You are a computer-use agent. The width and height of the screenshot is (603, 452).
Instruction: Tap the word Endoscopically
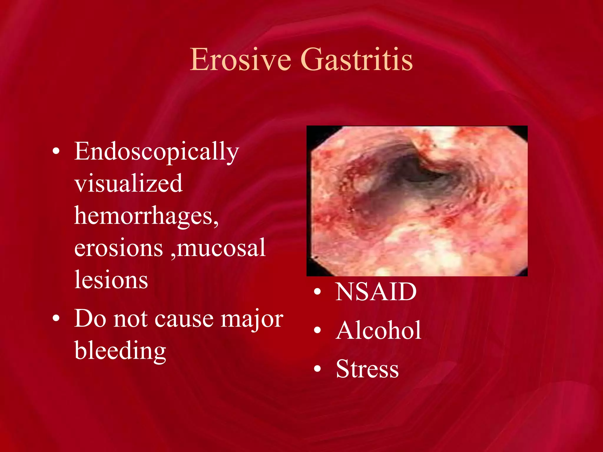tap(156, 152)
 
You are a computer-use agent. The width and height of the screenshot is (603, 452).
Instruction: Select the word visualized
tap(128, 184)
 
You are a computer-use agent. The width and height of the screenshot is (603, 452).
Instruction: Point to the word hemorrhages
tap(146, 216)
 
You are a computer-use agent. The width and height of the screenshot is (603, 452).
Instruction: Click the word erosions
tap(118, 248)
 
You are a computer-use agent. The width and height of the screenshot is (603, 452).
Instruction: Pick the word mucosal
tap(221, 248)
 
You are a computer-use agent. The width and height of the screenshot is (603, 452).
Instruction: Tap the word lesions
tap(111, 280)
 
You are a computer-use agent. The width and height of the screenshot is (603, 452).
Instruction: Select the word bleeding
tap(120, 351)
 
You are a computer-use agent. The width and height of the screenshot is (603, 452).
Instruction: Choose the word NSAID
tap(376, 292)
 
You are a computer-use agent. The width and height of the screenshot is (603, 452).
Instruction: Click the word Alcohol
tap(378, 330)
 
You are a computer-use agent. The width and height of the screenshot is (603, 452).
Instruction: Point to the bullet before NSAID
tap(317, 292)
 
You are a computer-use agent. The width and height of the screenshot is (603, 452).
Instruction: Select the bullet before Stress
tap(317, 369)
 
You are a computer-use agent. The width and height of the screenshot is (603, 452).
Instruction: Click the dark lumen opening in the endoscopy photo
tap(424, 174)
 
